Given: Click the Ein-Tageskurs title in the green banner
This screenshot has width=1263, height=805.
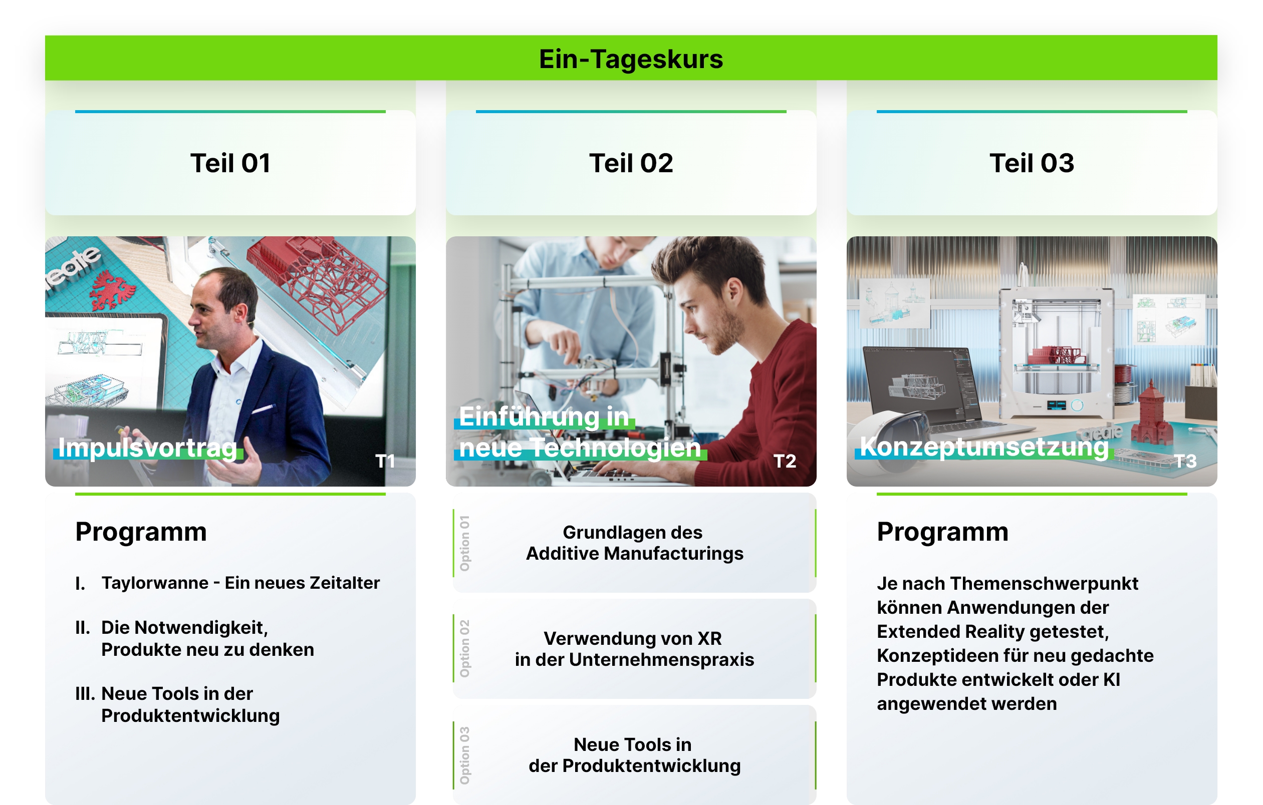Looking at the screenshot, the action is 631,59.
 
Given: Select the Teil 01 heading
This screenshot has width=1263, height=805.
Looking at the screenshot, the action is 230,163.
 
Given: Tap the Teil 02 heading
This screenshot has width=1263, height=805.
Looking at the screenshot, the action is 631,163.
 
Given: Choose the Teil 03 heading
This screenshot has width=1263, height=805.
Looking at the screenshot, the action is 1032,163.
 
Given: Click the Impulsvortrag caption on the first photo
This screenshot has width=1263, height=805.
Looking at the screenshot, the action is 147,448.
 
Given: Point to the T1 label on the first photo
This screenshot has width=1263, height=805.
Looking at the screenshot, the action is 385,461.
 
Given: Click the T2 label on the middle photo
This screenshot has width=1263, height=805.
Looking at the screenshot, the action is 785,461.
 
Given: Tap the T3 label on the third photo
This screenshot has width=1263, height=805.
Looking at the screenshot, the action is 1185,461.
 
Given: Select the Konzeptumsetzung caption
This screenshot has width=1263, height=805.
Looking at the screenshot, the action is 984,447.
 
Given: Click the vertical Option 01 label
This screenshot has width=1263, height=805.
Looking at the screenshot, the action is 465,543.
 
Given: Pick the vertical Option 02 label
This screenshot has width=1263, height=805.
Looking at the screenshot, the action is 465,648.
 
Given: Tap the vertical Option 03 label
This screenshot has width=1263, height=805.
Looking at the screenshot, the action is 465,755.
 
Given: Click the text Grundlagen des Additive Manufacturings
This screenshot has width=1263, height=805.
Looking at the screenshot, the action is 634,543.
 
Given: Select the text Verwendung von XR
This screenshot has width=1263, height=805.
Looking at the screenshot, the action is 633,638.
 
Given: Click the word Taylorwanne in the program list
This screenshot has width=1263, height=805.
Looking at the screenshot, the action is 155,583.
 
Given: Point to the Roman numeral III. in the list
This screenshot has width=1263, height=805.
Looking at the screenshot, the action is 85,694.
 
